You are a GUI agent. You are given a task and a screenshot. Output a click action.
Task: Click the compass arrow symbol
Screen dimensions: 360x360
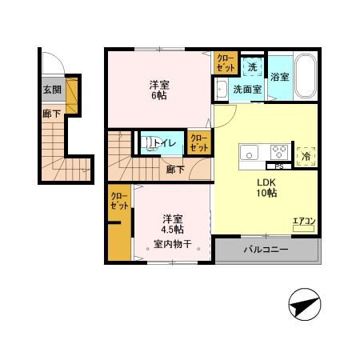pyautogui.click(x=304, y=306)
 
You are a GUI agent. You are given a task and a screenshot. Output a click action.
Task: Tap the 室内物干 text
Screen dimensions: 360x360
pyautogui.click(x=173, y=245)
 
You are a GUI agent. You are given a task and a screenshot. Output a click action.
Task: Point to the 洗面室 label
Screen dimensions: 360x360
pyautogui.click(x=247, y=90)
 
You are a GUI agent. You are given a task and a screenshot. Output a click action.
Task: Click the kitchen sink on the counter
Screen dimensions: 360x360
pyautogui.click(x=248, y=151)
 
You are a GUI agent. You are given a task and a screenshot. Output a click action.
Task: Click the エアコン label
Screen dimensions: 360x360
pyautogui.click(x=303, y=222)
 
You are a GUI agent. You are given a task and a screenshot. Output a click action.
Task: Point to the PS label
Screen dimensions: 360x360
pyautogui.click(x=279, y=166)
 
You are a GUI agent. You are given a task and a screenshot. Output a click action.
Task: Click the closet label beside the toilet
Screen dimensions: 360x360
pyautogui.click(x=198, y=143)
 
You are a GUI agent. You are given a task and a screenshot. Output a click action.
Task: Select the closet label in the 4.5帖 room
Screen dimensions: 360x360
pyautogui.click(x=119, y=200)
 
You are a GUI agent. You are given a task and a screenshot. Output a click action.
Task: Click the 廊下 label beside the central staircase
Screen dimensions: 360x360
pyautogui.click(x=175, y=169)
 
